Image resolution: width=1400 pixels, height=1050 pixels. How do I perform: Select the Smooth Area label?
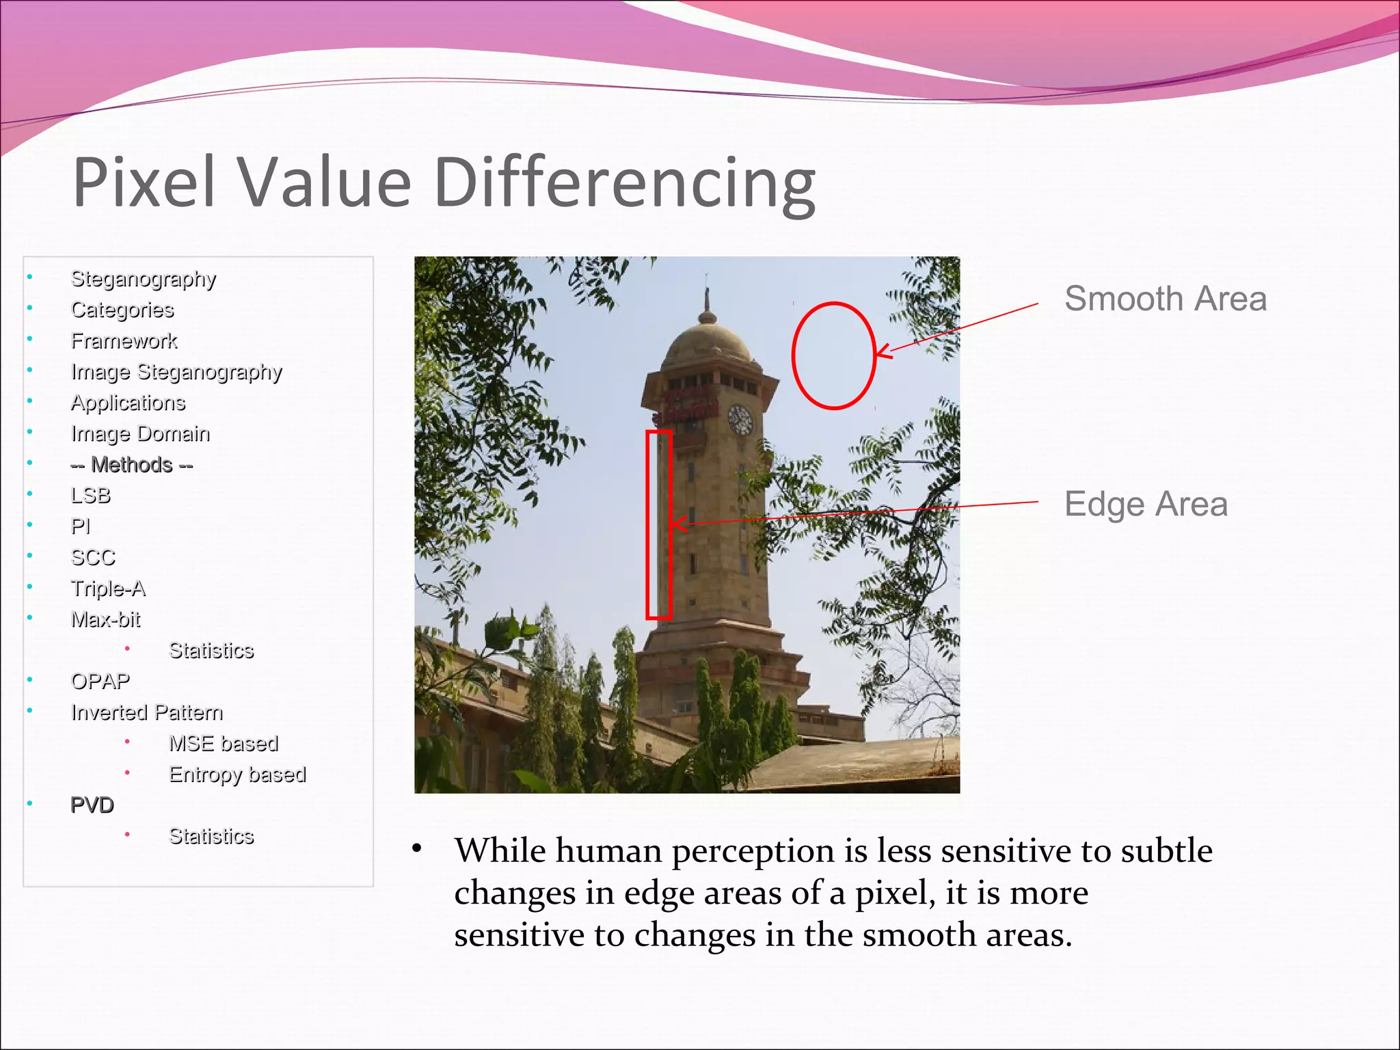click(x=1165, y=299)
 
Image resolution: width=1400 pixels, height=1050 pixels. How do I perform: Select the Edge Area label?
click(x=1146, y=504)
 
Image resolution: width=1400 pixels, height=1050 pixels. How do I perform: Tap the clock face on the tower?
click(x=740, y=419)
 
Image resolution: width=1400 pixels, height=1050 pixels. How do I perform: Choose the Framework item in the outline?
click(x=124, y=340)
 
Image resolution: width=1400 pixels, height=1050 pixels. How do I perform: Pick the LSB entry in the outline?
click(x=90, y=496)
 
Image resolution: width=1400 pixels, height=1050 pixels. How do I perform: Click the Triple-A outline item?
click(x=108, y=589)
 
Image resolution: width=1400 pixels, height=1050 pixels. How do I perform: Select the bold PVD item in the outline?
click(x=92, y=805)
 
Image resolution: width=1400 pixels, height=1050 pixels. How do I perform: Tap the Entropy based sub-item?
click(x=237, y=775)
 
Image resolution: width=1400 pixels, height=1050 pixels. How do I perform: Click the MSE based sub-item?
click(x=224, y=744)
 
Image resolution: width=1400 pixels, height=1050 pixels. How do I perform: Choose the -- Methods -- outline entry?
click(x=131, y=465)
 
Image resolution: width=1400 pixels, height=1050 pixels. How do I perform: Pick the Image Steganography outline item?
click(x=176, y=372)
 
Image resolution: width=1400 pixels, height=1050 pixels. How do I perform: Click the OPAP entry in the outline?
click(x=100, y=682)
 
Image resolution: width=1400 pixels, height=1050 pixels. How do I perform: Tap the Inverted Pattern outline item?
click(x=147, y=712)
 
